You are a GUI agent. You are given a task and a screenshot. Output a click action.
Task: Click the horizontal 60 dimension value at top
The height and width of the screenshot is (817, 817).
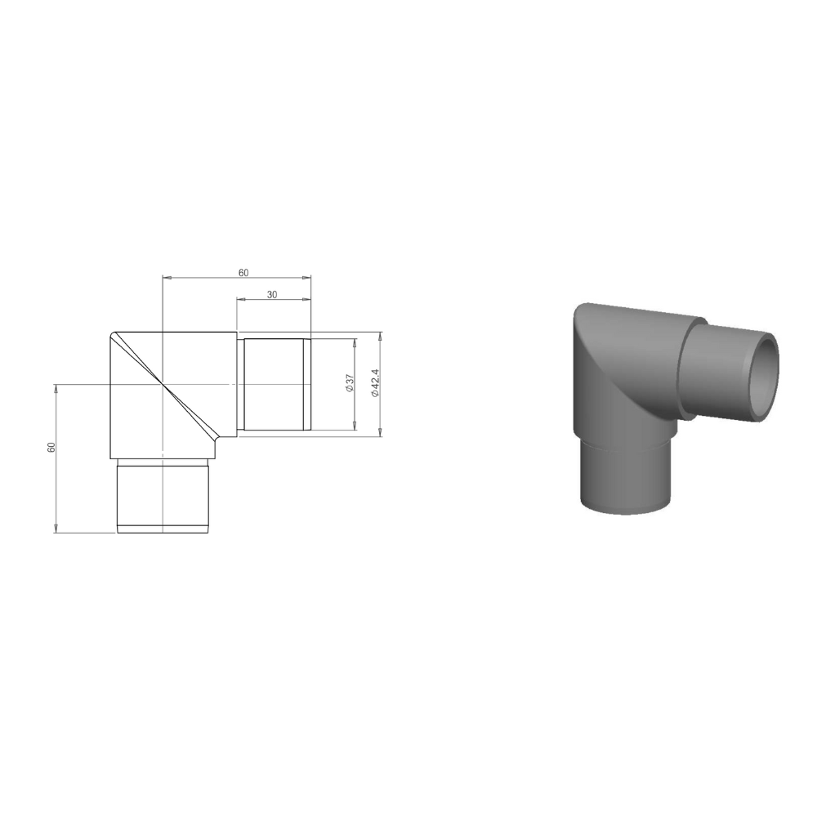243,273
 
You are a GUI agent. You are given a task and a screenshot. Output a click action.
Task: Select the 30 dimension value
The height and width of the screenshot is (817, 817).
272,295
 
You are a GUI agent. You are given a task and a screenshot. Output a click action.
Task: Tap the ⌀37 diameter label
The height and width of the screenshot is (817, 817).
349,384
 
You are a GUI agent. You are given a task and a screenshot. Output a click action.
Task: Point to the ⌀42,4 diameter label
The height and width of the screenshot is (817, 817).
374,383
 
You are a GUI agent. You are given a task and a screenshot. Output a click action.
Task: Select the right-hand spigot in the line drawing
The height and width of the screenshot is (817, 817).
274,384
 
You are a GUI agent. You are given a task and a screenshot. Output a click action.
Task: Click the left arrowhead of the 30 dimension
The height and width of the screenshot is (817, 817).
239,300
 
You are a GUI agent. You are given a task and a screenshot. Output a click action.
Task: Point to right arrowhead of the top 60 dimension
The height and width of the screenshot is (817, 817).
307,279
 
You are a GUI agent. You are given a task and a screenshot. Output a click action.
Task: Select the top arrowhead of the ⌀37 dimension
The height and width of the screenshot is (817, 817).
355,342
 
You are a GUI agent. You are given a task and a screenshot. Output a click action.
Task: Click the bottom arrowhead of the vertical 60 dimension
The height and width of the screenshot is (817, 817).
56,529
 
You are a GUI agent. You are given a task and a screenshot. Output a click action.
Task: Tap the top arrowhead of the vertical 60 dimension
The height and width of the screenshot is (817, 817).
56,387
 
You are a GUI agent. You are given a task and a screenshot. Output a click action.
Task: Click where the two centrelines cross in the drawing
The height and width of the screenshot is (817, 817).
163,383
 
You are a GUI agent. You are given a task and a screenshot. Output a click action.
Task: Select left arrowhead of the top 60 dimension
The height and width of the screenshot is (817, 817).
166,279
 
